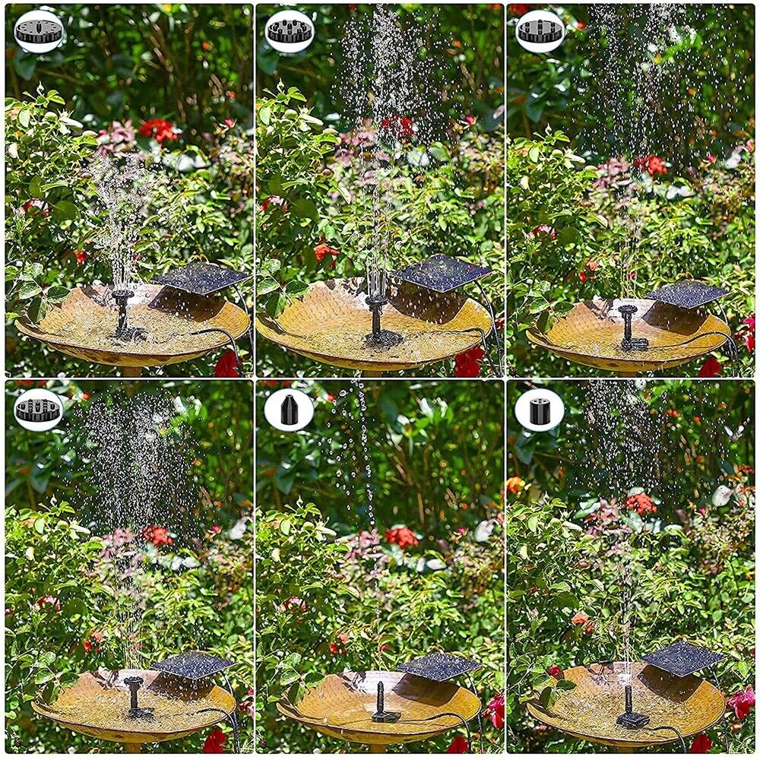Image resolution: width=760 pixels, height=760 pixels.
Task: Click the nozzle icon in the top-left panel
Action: click(39, 31)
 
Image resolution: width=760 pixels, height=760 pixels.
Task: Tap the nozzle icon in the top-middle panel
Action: click(290, 31)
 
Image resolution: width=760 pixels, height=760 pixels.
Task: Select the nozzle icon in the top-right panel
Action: click(540, 31)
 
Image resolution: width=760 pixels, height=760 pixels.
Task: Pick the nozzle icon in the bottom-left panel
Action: click(38, 410)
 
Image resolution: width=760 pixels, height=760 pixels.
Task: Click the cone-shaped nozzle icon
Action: click(289, 410)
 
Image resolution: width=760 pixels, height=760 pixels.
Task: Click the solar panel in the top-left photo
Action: click(201, 278)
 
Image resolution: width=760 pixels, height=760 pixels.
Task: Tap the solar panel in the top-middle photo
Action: click(443, 273)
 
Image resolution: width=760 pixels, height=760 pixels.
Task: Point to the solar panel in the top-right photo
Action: click(688, 294)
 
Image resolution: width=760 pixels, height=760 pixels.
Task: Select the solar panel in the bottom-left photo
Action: click(193, 664)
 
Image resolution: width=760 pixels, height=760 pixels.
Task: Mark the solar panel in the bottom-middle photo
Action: click(439, 666)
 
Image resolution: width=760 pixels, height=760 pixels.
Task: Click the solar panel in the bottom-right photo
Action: click(683, 657)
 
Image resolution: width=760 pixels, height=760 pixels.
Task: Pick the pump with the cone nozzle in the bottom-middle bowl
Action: click(382, 703)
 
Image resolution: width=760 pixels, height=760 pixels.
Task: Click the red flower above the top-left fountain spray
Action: click(157, 129)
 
